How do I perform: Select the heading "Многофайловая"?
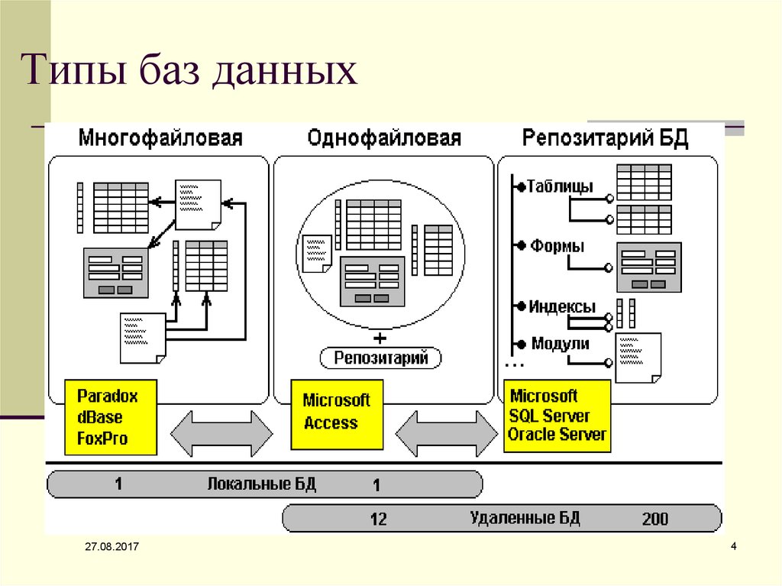160,138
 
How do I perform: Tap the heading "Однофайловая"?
384,138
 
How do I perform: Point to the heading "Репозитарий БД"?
606,138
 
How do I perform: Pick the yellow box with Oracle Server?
557,416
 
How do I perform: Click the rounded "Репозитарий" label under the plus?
380,357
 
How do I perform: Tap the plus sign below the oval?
380,337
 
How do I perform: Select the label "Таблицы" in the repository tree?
560,186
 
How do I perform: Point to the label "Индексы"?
562,306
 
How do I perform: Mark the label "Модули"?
560,343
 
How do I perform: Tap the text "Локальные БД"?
261,484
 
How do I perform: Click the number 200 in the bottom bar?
655,520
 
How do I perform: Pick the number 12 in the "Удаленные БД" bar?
378,520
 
